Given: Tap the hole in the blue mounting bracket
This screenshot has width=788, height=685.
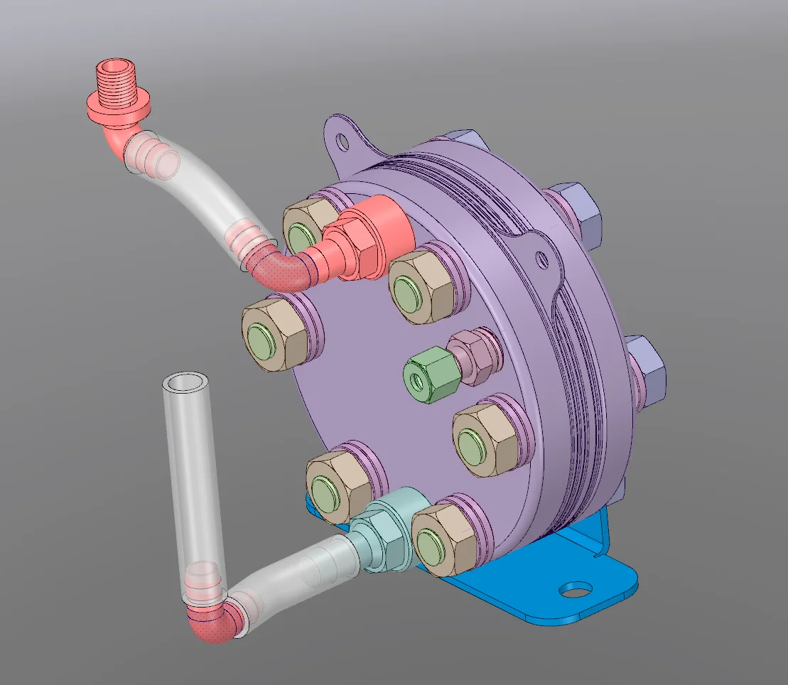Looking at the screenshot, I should coord(575,589).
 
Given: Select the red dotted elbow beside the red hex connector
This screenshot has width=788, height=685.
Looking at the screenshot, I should coord(284,270).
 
